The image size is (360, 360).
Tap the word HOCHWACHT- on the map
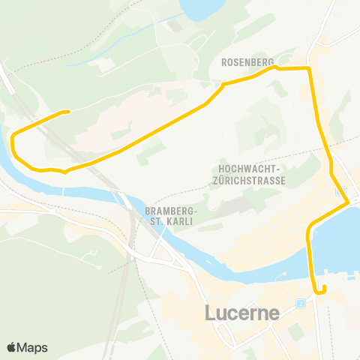(x=250, y=169)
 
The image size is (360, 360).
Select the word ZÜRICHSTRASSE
(x=250, y=181)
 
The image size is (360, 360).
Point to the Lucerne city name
(x=242, y=313)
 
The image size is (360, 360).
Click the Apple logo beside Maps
(x=12, y=347)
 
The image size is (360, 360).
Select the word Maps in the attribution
(x=33, y=347)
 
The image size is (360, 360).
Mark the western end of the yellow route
(x=69, y=112)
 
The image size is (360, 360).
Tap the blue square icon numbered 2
(x=300, y=304)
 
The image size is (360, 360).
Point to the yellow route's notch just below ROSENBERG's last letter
(x=275, y=67)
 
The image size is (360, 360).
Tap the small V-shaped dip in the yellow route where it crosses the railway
(x=66, y=171)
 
